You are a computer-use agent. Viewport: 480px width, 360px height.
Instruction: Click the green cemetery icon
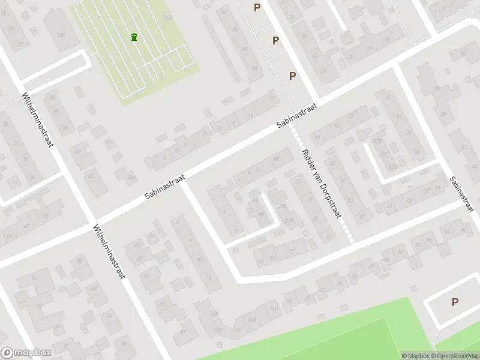coord(134,37)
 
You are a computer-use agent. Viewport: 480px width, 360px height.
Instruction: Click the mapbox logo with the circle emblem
coord(26,353)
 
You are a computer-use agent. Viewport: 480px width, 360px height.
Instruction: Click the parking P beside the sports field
coord(455,302)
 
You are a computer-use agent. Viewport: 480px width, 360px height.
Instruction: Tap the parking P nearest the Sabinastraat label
coord(293,76)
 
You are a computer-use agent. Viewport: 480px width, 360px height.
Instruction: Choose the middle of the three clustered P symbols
coord(275,40)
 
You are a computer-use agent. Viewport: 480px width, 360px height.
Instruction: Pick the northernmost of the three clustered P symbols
coord(257,7)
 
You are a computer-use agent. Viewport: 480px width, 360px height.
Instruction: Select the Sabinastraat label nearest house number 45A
coord(166,188)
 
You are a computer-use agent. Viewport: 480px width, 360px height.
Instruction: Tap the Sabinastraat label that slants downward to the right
coord(461,193)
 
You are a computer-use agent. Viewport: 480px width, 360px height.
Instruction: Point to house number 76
coord(34,277)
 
